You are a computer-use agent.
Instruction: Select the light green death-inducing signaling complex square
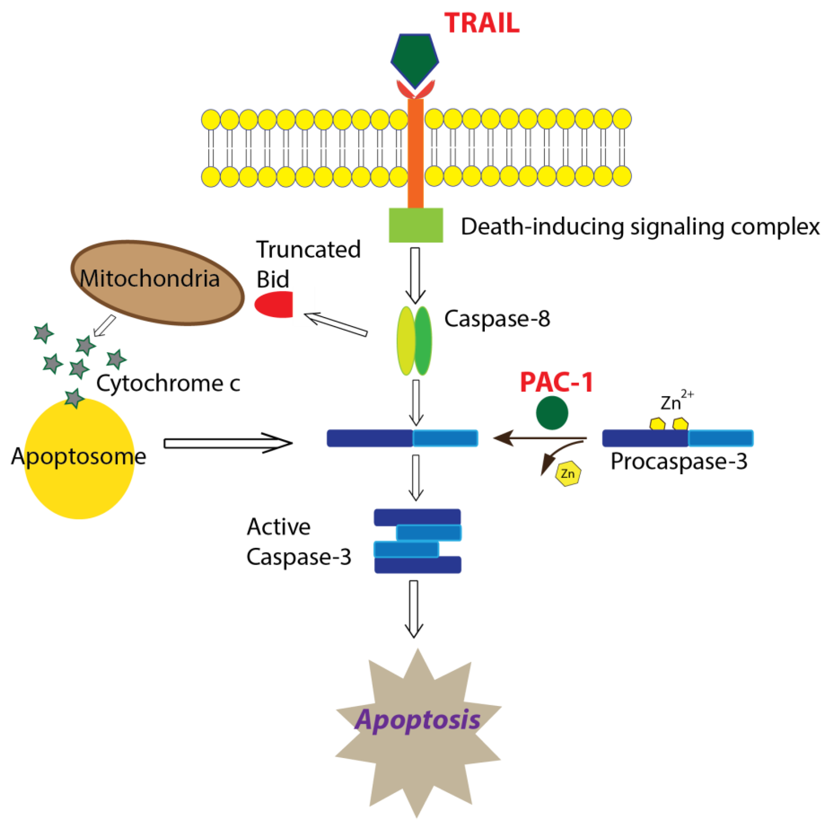pos(416,225)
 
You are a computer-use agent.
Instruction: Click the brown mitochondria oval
pos(158,282)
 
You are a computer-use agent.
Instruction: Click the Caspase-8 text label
pos(497,319)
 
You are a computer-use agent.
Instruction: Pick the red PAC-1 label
pos(557,382)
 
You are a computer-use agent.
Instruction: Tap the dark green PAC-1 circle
pos(552,413)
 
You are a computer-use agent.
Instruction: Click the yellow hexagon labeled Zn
pos(568,474)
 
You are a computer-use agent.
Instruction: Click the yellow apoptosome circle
pos(80,459)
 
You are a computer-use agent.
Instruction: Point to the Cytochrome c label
pos(168,383)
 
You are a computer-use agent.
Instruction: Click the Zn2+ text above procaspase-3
pos(677,401)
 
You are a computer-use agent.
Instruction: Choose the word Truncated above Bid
pos(309,249)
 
